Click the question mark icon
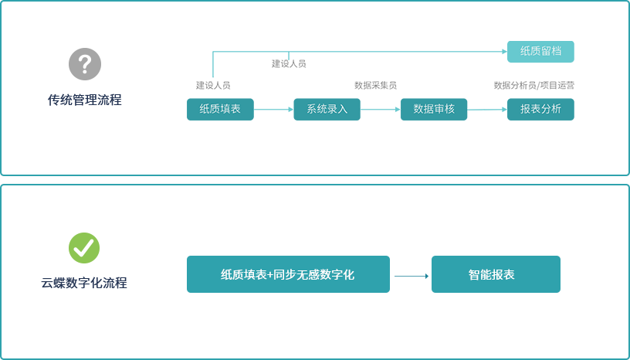[85, 64]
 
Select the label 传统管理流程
[84, 100]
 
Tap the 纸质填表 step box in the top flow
[220, 109]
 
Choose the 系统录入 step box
[327, 109]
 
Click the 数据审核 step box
[434, 109]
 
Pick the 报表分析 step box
[540, 109]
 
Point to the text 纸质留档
[540, 51]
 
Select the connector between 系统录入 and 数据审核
[380, 109]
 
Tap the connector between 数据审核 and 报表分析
[486, 109]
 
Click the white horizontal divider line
[315, 180]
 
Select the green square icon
[84, 248]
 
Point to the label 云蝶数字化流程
[84, 283]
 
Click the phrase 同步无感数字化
[313, 275]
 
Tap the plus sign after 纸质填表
[270, 275]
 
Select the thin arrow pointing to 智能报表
[412, 276]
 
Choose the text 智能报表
[491, 275]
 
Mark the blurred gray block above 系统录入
[289, 72]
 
